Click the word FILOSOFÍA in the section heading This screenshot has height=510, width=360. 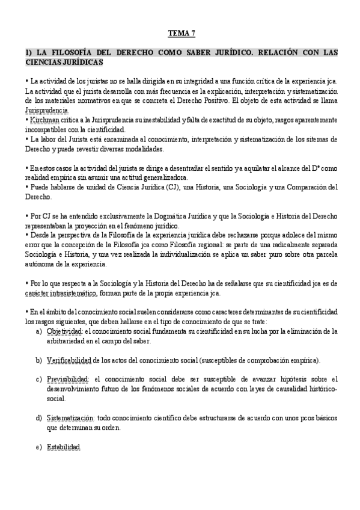coord(66,53)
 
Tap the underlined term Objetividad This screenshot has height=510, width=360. coord(64,331)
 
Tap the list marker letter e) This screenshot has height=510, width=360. coord(39,447)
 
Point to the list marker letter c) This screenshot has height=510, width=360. coord(39,379)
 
